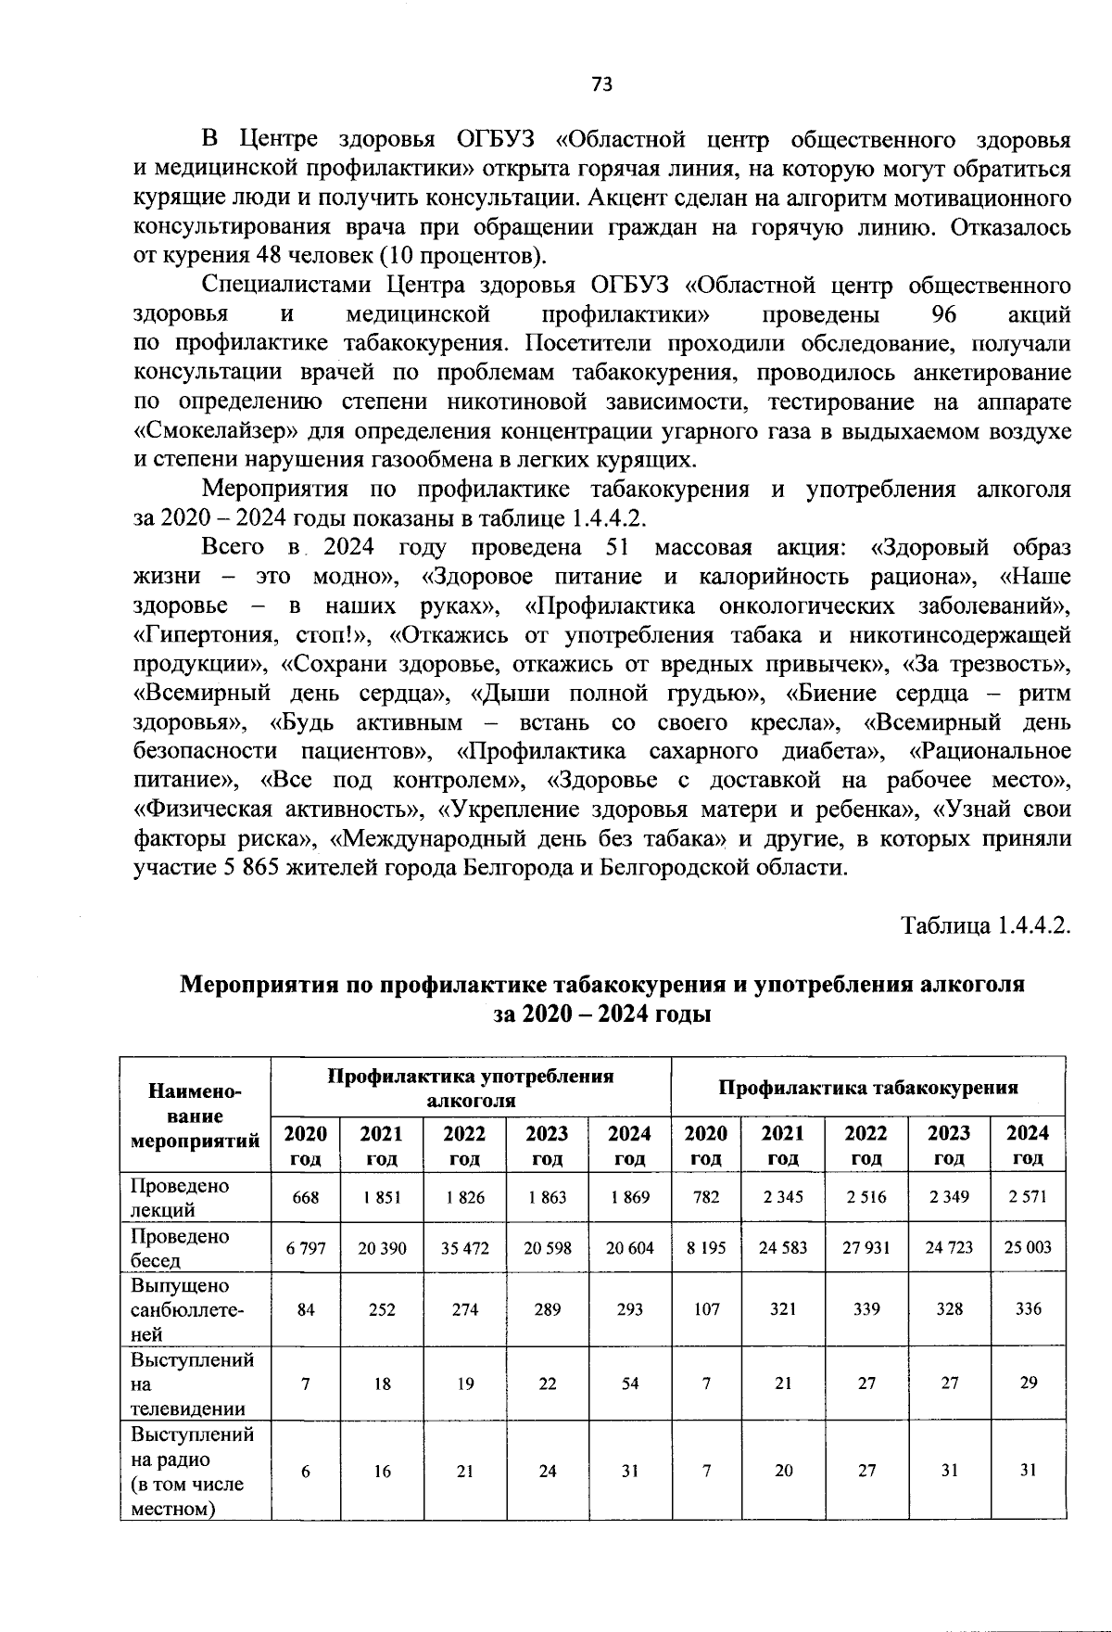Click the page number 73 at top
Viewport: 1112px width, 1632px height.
click(601, 84)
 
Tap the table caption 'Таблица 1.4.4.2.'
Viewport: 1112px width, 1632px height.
click(986, 925)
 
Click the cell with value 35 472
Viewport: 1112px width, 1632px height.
click(464, 1248)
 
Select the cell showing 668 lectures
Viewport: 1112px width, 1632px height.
click(306, 1197)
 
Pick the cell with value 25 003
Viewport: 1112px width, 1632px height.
click(1028, 1248)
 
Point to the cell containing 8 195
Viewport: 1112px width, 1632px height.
click(706, 1248)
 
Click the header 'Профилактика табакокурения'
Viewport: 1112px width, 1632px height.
click(868, 1087)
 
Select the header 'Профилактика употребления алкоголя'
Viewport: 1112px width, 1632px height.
click(471, 1088)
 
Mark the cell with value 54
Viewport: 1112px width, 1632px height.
click(630, 1383)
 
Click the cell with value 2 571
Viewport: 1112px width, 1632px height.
click(1028, 1197)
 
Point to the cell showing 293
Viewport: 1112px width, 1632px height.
click(630, 1309)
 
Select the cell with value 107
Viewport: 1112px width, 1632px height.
click(706, 1309)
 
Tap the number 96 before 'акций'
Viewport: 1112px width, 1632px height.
click(943, 314)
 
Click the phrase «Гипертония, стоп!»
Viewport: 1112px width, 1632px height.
click(253, 635)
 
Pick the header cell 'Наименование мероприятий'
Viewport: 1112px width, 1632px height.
click(196, 1116)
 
